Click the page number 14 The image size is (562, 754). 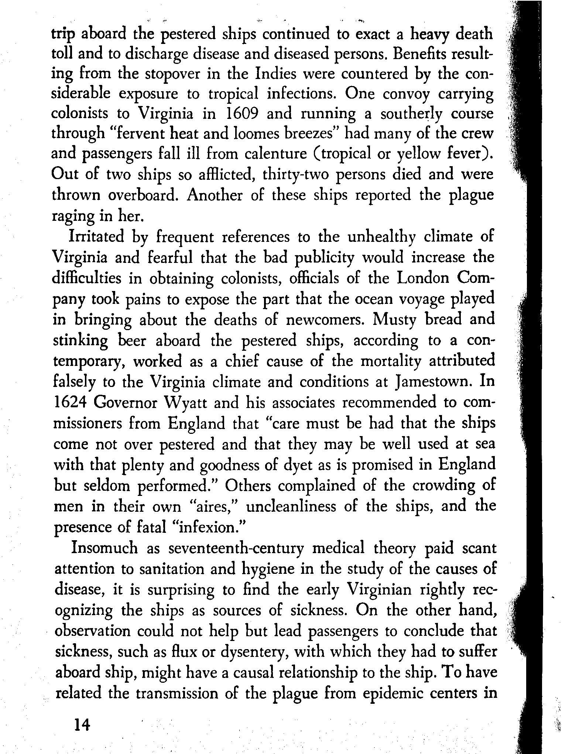point(82,725)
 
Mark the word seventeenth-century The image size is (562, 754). point(236,548)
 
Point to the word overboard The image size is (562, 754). point(144,195)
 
